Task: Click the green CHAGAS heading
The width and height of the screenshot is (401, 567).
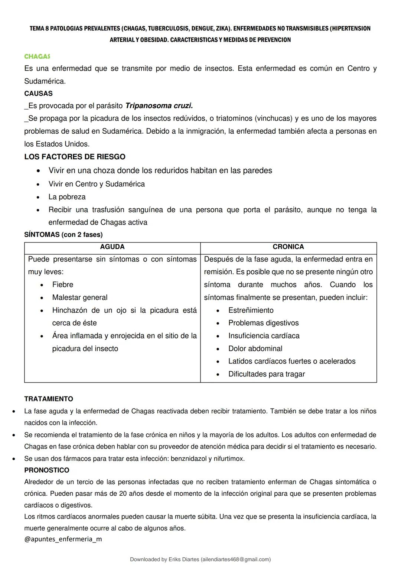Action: pyautogui.click(x=37, y=56)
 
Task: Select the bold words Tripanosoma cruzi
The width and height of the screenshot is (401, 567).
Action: pyautogui.click(x=159, y=106)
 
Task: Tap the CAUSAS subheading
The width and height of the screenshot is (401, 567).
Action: pyautogui.click(x=38, y=93)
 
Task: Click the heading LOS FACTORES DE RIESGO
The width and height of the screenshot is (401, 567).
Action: pyautogui.click(x=75, y=157)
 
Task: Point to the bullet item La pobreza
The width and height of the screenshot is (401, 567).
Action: pyautogui.click(x=67, y=197)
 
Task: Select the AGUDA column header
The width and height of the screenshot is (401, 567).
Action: pyautogui.click(x=112, y=247)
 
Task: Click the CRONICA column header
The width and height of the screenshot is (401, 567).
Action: pyautogui.click(x=288, y=247)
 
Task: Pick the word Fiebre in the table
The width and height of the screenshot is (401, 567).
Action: pyautogui.click(x=62, y=285)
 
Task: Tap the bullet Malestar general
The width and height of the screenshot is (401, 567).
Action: pyautogui.click(x=79, y=297)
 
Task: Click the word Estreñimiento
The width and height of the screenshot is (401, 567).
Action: pyautogui.click(x=251, y=310)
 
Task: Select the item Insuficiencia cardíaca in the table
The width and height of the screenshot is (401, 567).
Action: pyautogui.click(x=264, y=336)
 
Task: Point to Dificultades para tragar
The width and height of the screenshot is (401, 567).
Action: pyautogui.click(x=266, y=374)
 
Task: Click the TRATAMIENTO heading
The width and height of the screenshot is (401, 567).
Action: pyautogui.click(x=49, y=399)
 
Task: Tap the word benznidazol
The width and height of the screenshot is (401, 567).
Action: pyautogui.click(x=189, y=459)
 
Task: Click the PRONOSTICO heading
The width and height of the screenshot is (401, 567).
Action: pyautogui.click(x=47, y=470)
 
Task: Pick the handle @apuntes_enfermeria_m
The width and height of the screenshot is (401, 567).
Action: pyautogui.click(x=63, y=539)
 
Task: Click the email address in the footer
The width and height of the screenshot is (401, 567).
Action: pyautogui.click(x=235, y=559)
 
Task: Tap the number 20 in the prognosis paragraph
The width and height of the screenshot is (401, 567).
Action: pyautogui.click(x=123, y=493)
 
